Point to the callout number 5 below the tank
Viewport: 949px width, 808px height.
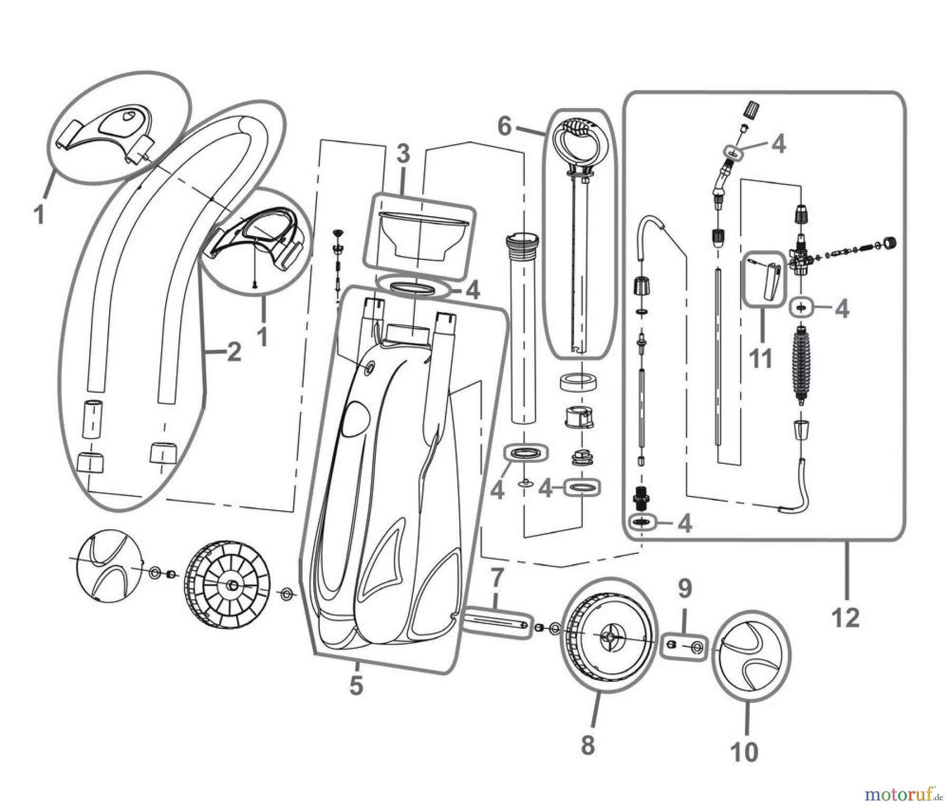pyautogui.click(x=356, y=685)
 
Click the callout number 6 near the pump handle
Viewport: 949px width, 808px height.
pyautogui.click(x=505, y=126)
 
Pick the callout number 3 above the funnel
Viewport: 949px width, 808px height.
pyautogui.click(x=402, y=154)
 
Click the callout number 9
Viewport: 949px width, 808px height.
pyautogui.click(x=684, y=589)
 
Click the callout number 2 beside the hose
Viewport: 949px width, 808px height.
pyautogui.click(x=234, y=352)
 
